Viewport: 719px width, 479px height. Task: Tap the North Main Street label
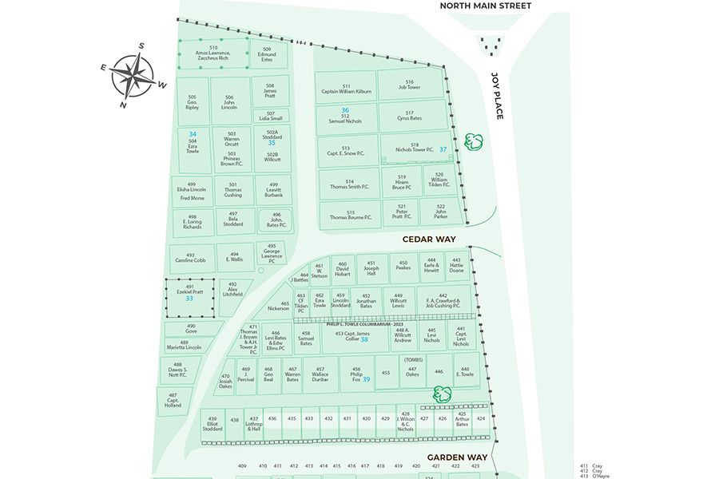click(x=485, y=6)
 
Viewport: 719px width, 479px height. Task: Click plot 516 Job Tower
click(x=409, y=85)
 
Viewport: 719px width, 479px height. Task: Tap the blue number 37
click(x=443, y=149)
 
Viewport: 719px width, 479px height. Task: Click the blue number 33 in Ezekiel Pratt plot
click(x=189, y=298)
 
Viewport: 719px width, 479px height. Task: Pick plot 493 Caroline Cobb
click(x=190, y=258)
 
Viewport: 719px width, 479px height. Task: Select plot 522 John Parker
click(x=440, y=212)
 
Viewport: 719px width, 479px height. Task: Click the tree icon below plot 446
click(x=442, y=393)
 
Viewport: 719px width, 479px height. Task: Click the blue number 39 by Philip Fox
click(x=366, y=379)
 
